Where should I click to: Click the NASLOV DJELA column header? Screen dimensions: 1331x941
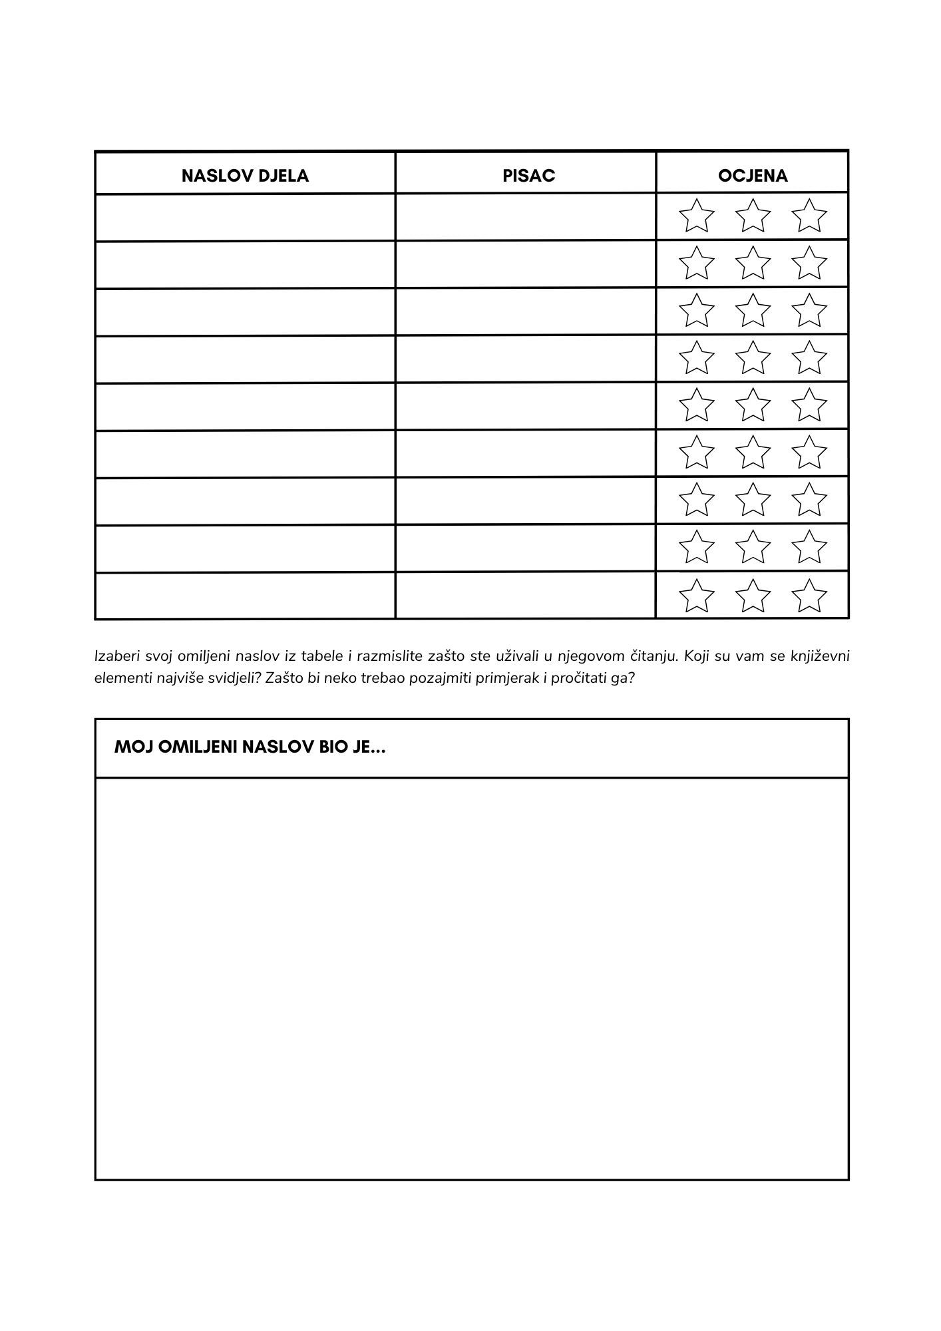point(245,176)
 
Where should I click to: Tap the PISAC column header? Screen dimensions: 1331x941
point(528,176)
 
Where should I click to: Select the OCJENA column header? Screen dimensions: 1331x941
point(753,176)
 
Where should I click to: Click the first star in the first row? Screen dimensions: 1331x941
point(696,216)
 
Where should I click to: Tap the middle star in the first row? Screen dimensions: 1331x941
point(753,216)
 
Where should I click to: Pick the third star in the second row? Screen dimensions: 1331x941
point(809,264)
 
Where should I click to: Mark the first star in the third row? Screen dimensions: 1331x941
point(696,311)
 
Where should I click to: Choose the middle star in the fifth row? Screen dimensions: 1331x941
point(753,405)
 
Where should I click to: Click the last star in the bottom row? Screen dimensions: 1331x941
point(809,596)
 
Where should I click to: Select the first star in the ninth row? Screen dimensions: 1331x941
point(696,596)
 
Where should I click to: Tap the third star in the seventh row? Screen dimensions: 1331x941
point(809,500)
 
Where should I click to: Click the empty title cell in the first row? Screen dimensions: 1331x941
point(245,217)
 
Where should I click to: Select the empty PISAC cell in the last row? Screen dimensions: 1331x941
point(526,596)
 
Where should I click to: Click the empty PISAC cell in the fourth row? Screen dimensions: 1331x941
point(526,359)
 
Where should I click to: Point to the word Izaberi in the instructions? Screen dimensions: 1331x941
point(116,657)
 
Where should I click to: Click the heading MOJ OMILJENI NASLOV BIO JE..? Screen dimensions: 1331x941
point(250,747)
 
